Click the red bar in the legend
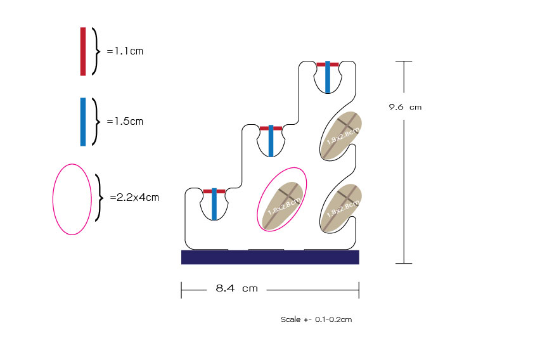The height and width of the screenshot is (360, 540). (x=83, y=51)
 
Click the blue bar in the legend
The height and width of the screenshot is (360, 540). (x=83, y=122)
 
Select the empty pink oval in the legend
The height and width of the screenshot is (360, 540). (x=72, y=199)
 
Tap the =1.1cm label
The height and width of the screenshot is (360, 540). (x=125, y=51)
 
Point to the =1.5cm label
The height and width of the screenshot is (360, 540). (x=125, y=121)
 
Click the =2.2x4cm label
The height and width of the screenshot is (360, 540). (x=134, y=197)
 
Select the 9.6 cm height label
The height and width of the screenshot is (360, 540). (x=405, y=107)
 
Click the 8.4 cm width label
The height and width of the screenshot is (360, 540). (x=236, y=288)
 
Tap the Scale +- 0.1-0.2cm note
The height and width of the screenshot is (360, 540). (x=316, y=319)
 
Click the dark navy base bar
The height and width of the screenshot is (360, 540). (x=270, y=257)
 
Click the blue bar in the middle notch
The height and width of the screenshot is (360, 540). (x=271, y=141)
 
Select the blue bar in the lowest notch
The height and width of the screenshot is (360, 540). (x=214, y=204)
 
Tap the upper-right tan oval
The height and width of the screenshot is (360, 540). (x=340, y=135)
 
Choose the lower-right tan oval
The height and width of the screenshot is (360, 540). (x=340, y=207)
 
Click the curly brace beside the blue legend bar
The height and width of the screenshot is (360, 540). (x=97, y=121)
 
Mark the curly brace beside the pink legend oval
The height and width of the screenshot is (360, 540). (x=99, y=197)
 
